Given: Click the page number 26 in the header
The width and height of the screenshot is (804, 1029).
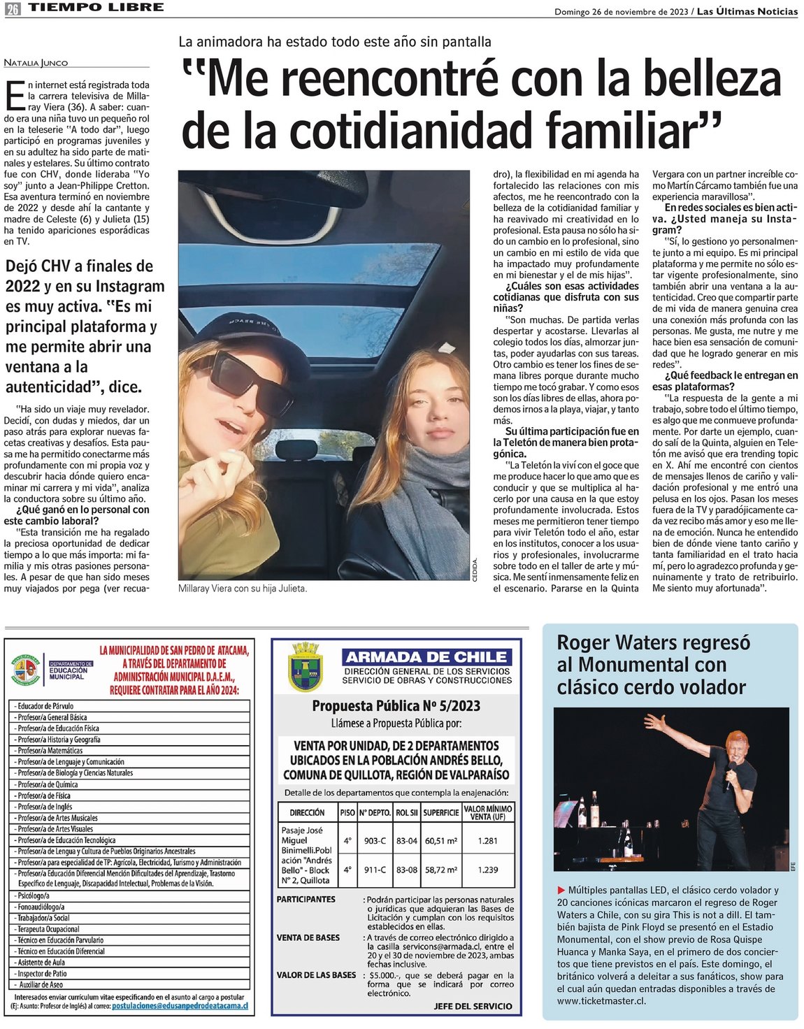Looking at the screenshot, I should click(x=13, y=9).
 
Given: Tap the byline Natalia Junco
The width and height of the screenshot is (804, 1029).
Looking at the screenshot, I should click(x=36, y=63).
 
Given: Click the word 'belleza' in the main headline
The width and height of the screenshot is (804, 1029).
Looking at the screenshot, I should click(x=712, y=78).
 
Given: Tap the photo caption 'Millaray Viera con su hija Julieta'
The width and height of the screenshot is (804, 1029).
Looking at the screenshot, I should click(x=243, y=589).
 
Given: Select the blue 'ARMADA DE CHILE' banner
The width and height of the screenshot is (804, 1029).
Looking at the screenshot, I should click(x=426, y=657).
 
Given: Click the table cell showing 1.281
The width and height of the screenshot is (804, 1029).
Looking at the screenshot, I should click(x=488, y=841).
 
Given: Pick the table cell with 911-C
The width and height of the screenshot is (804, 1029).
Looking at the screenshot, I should click(x=375, y=870).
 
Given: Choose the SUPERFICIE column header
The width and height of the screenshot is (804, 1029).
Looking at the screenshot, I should click(x=441, y=812).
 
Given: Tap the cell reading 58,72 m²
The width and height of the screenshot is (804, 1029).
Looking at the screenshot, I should click(x=441, y=870).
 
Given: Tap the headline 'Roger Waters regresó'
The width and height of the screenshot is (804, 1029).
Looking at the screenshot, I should click(x=653, y=642).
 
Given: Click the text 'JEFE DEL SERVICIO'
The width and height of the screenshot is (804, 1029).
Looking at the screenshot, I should click(x=473, y=1006).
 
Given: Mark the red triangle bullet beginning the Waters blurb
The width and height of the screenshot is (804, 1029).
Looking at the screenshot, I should click(x=561, y=891).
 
